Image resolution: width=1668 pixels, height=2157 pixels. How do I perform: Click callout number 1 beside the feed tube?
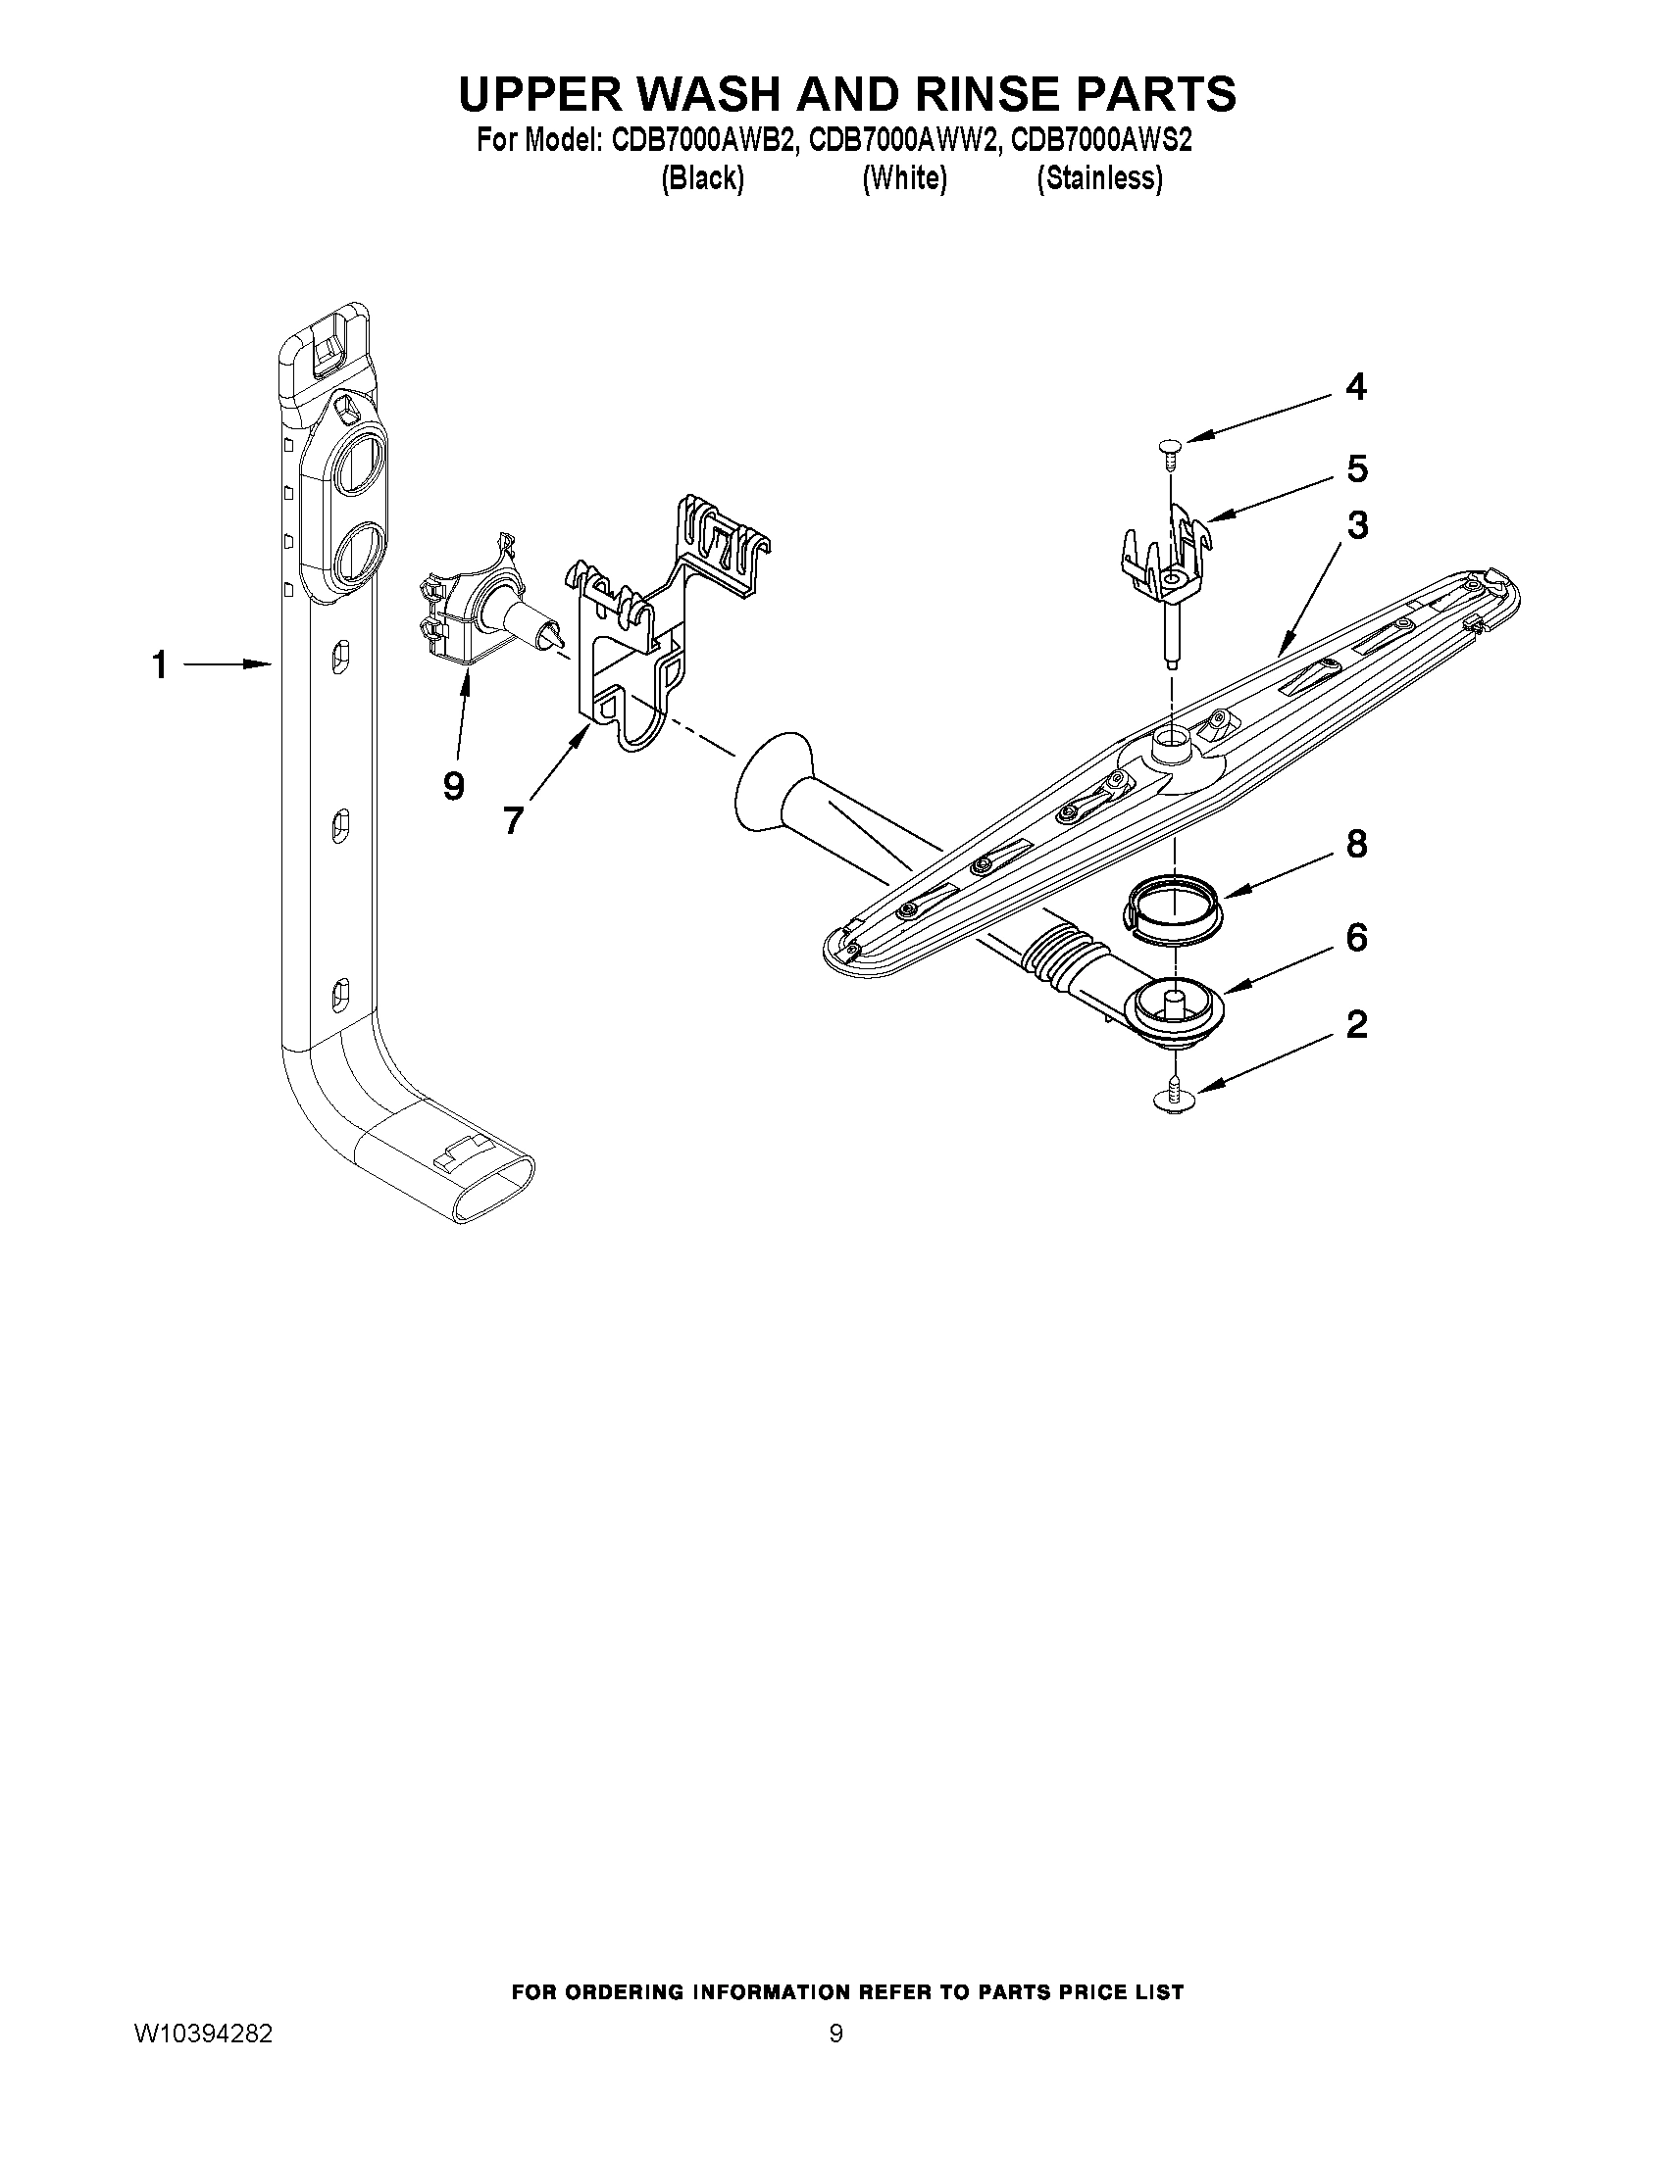click(x=159, y=666)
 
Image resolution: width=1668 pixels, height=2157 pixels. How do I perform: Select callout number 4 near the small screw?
click(x=1356, y=387)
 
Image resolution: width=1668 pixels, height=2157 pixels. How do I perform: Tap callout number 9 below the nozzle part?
click(x=453, y=786)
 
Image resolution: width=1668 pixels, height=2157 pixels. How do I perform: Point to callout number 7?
click(x=512, y=819)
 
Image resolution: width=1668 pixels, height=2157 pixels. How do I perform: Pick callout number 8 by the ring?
click(x=1356, y=845)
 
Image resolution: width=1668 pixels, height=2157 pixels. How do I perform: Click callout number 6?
click(x=1356, y=937)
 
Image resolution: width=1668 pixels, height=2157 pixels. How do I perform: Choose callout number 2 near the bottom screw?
click(x=1356, y=1024)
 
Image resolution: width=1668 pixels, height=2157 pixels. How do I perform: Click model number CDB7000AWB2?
click(x=703, y=141)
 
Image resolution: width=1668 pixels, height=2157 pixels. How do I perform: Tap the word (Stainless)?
click(x=1099, y=178)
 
